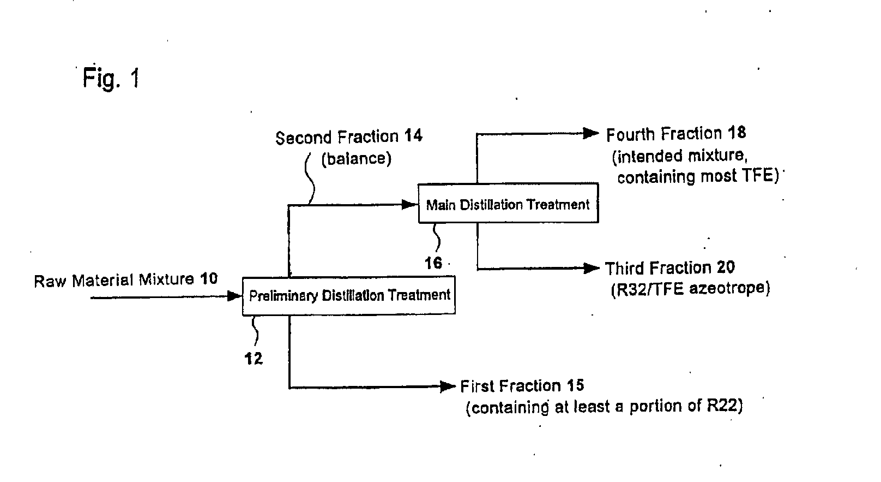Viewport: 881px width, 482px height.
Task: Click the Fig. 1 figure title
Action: point(111,78)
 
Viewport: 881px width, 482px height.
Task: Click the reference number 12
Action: point(254,358)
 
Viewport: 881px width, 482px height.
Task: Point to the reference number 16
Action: point(433,263)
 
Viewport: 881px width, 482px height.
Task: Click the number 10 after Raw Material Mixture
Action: point(208,279)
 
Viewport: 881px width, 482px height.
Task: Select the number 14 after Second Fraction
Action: point(413,136)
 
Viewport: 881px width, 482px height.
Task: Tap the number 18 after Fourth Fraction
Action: point(737,133)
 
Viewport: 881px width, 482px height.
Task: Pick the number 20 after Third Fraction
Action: point(726,267)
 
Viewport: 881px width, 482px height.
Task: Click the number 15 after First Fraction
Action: point(575,385)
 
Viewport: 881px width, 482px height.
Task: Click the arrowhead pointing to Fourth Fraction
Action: point(591,134)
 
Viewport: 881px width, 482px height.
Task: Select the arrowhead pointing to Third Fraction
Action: point(591,269)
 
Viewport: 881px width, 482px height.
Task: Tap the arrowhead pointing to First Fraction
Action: point(448,386)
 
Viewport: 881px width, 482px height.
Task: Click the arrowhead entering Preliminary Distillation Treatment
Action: point(234,296)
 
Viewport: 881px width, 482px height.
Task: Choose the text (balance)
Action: point(357,159)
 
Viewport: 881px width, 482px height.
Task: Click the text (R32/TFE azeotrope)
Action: point(690,289)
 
